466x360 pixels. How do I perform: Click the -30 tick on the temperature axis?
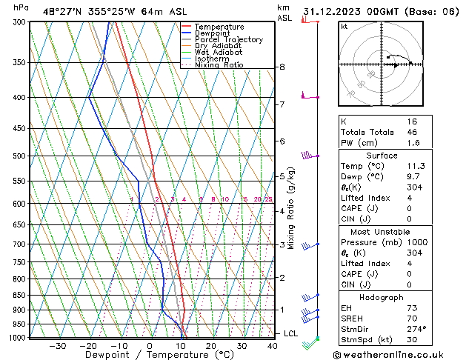[x=57, y=346]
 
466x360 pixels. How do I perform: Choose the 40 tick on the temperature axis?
[x=273, y=346]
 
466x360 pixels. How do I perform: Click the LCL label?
[x=291, y=334]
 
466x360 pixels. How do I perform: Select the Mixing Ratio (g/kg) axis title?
[x=292, y=207]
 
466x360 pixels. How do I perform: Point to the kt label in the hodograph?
[x=344, y=27]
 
